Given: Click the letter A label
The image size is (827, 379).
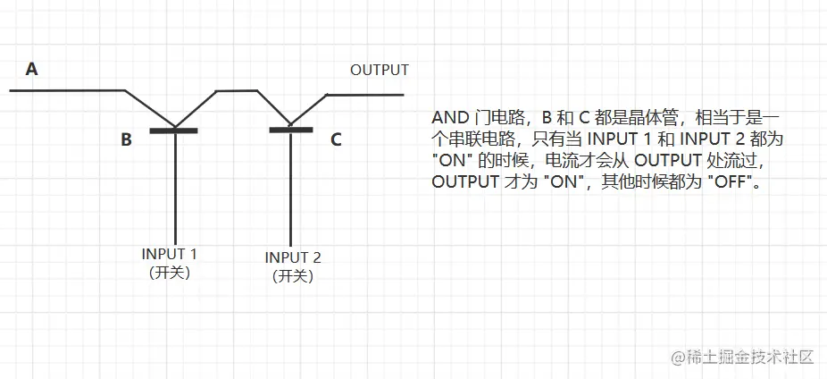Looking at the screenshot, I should (32, 69).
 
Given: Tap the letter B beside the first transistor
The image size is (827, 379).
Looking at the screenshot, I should (127, 139).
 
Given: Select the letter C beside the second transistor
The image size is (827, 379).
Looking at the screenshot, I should (336, 139).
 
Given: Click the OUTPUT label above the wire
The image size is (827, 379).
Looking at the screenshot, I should (379, 71).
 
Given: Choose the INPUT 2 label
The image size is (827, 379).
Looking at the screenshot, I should (293, 257).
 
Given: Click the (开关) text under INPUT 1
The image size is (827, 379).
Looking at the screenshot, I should (170, 272).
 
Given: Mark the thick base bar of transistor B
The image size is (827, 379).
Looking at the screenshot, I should (173, 131).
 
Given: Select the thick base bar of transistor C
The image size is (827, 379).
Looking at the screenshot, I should (291, 130).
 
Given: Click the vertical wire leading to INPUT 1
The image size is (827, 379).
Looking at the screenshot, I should (175, 188).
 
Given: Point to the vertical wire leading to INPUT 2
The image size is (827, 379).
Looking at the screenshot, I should (290, 188).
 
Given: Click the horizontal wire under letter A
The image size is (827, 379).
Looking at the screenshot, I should (67, 90).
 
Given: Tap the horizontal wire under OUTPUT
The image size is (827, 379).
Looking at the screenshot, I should (366, 94).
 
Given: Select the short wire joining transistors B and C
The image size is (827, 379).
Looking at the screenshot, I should (237, 89).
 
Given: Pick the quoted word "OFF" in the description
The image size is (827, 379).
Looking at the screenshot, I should (721, 181).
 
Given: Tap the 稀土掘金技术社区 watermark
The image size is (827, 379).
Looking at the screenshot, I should (750, 357).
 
